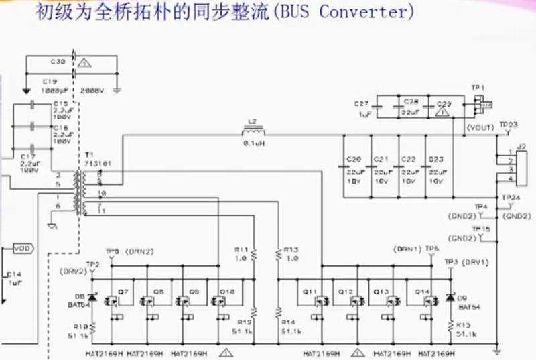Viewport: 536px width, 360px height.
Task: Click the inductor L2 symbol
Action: (252, 130)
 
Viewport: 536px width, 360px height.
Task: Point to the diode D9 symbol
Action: (450, 296)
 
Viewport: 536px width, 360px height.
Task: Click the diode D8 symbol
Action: (92, 296)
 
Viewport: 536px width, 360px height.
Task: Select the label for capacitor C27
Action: (361, 103)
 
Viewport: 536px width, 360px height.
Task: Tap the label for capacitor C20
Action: (354, 159)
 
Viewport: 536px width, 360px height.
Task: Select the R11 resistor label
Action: (241, 250)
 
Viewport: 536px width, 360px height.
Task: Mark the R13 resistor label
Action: (290, 250)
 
